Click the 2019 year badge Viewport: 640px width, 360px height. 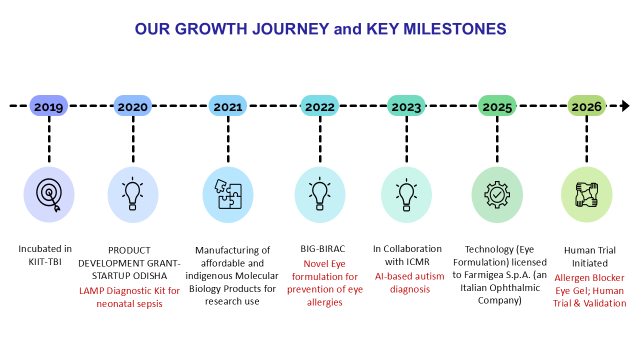point(48,105)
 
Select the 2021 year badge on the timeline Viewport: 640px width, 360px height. point(227,105)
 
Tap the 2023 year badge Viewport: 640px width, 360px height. point(406,105)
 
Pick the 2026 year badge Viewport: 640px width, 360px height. point(586,105)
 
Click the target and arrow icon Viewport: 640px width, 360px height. point(49,195)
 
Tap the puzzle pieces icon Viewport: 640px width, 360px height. point(228,194)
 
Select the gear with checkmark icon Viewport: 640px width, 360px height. point(497,194)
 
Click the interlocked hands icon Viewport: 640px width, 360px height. point(586,194)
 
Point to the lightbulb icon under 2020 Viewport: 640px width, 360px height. point(132,194)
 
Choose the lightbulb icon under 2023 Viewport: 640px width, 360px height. point(406,195)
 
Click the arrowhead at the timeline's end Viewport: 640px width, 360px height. point(625,105)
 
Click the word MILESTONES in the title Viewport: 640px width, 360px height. point(455,29)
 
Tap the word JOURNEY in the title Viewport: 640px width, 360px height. point(291,29)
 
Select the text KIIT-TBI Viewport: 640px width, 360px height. point(45,261)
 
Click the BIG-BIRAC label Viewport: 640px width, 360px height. point(323,249)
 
